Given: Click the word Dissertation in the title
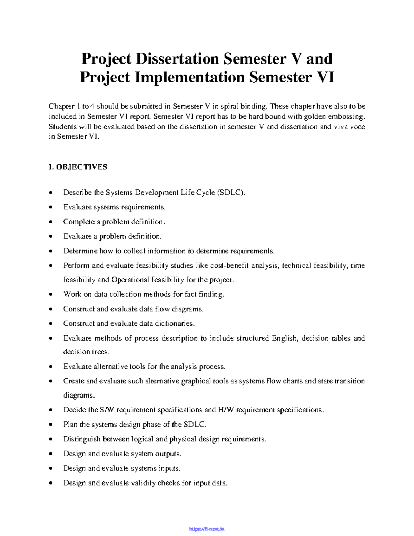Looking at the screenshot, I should pos(177,59).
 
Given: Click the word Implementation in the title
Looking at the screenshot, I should pos(189,77).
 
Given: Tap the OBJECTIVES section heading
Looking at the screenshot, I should pos(81,167).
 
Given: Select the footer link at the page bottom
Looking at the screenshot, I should pos(207,529).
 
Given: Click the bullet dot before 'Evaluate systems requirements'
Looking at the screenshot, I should pos(51,207).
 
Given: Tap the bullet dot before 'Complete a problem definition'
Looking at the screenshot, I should pos(51,222).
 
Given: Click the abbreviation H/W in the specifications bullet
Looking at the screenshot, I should pos(226,410).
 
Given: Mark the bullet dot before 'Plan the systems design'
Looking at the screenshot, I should pos(51,425).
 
